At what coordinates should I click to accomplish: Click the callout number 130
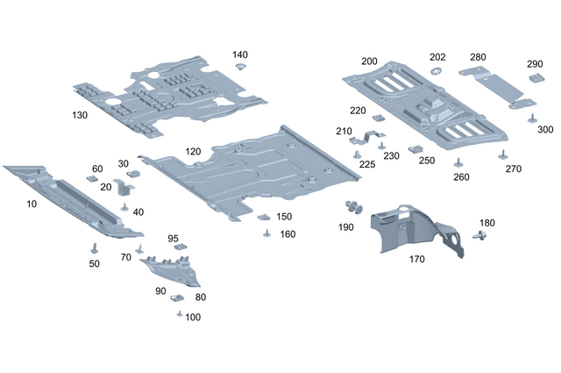tap(80, 115)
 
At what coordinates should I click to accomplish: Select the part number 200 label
tap(369, 61)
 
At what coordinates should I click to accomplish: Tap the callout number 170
tap(417, 260)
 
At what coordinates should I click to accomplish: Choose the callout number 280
tap(478, 57)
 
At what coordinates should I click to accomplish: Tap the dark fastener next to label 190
tap(354, 207)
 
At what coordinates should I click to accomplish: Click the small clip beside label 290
tap(534, 78)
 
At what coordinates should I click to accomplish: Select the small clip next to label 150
tap(263, 216)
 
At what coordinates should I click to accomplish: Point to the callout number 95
tap(174, 239)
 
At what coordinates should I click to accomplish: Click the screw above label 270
tap(502, 155)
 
